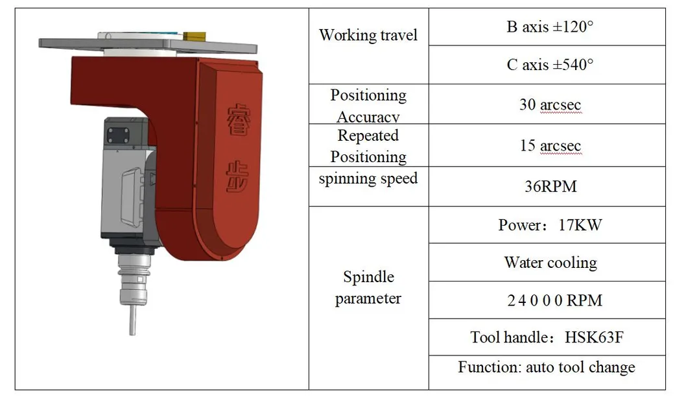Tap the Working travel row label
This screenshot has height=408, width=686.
point(368,35)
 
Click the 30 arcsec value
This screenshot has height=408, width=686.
point(550,104)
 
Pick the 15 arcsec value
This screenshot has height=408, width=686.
point(550,145)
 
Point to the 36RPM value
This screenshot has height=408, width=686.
point(550,187)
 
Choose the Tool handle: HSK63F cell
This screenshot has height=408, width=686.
point(547,337)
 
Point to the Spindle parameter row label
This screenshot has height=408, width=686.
point(368,287)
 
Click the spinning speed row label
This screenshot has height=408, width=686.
point(368,179)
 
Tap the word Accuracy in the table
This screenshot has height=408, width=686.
point(368,117)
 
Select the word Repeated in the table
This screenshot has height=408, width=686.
point(368,136)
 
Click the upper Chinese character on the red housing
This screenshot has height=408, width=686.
point(239,119)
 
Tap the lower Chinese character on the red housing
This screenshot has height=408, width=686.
point(237,177)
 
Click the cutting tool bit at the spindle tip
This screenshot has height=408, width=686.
point(132,320)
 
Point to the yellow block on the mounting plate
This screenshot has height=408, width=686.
point(194,36)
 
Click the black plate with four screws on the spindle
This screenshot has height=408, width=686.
point(118,136)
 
